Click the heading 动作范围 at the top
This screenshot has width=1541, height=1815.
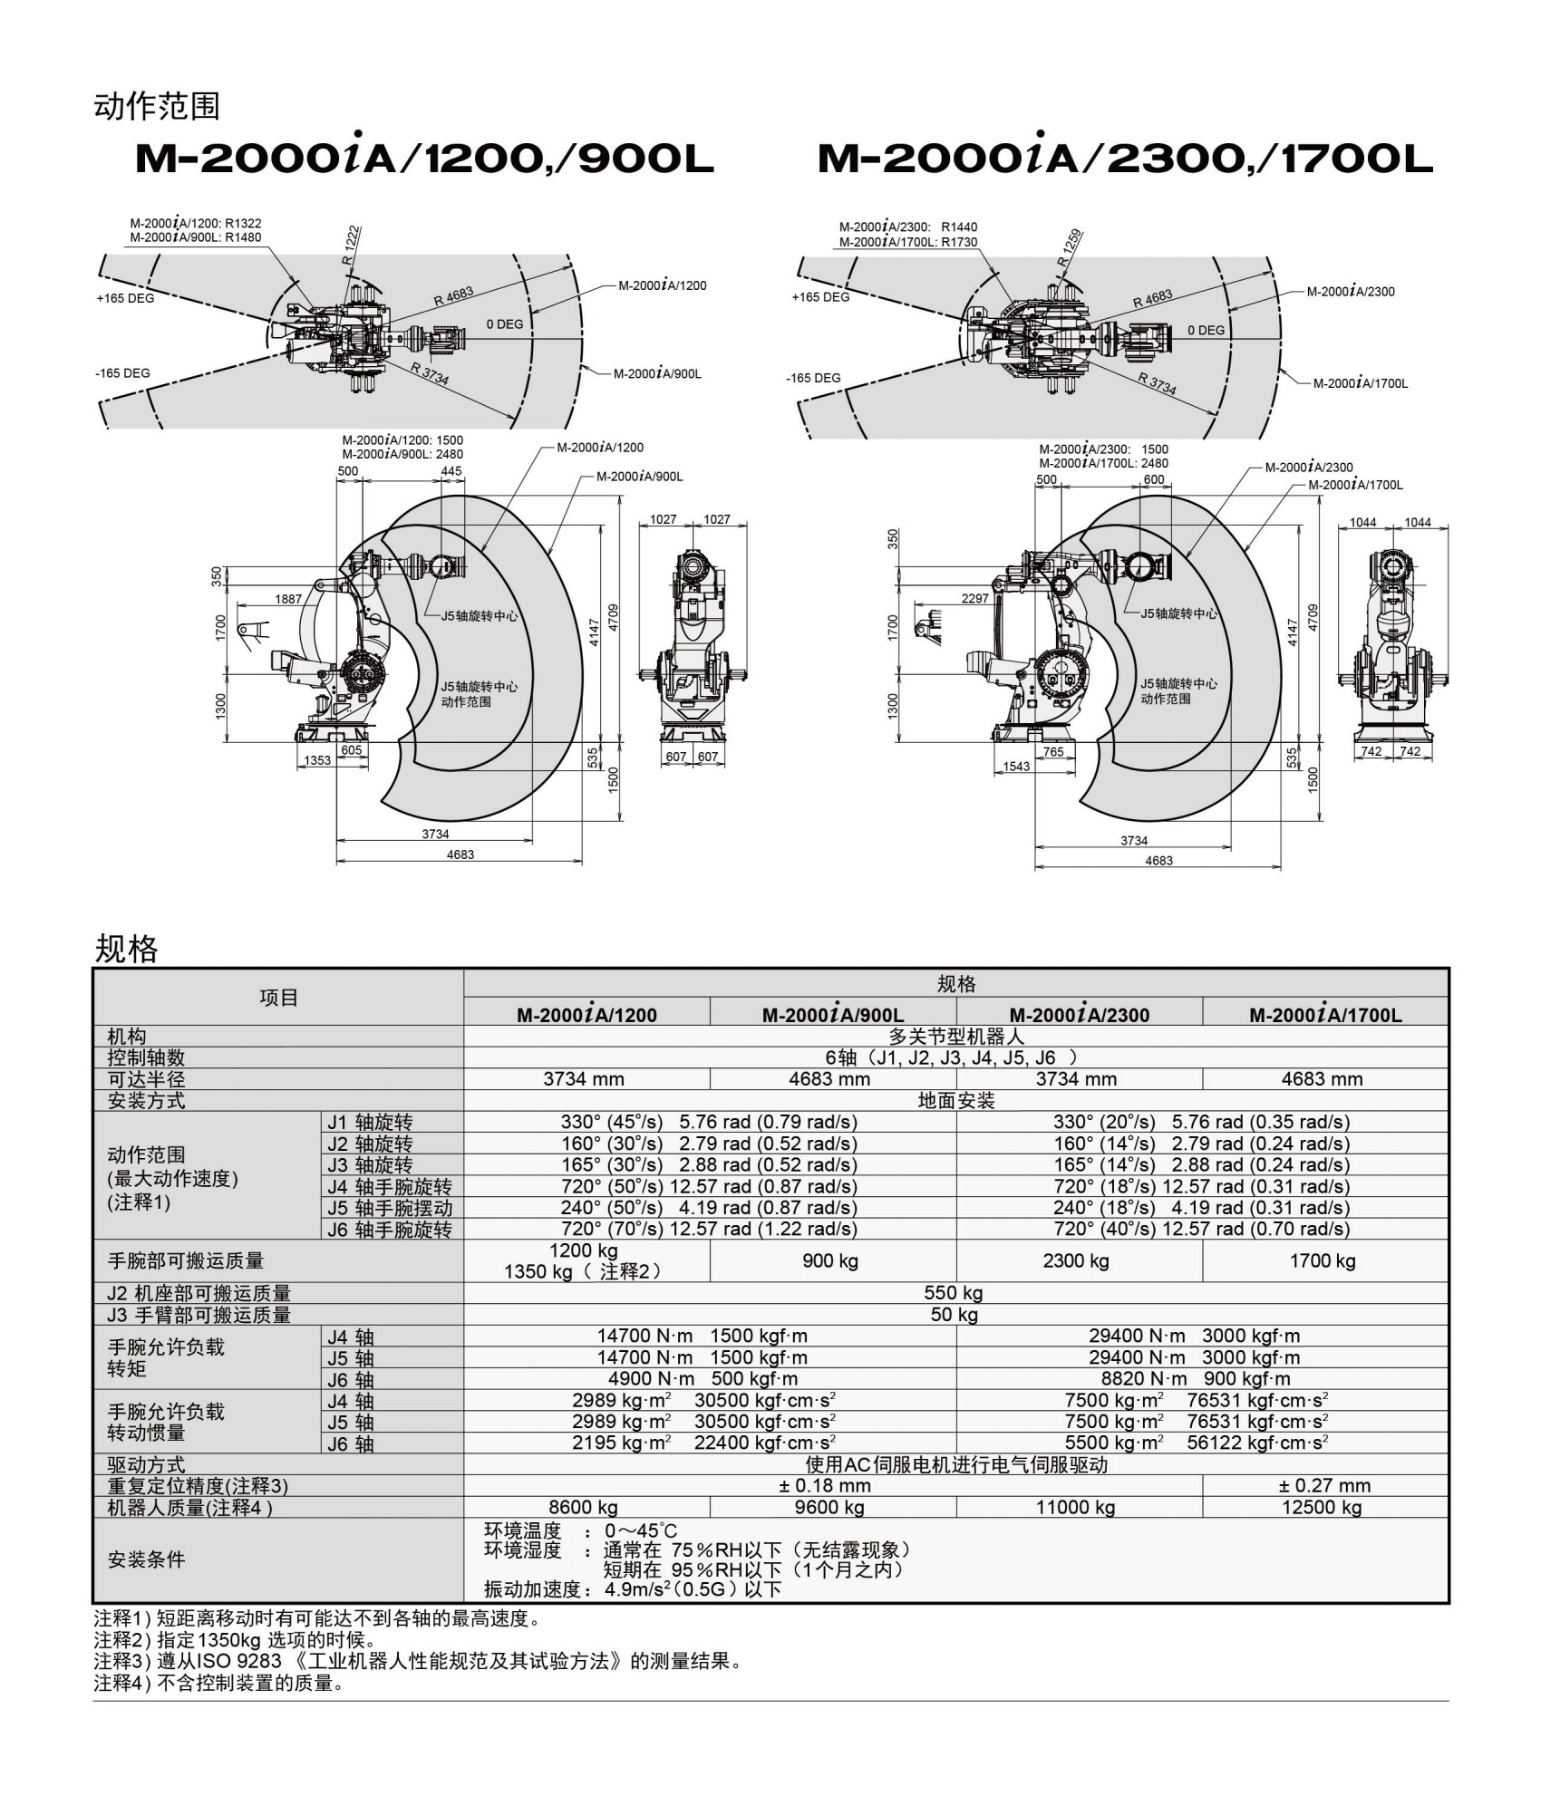tap(157, 107)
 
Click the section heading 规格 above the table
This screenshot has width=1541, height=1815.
tap(126, 949)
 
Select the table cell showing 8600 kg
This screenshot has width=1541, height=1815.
tap(583, 1507)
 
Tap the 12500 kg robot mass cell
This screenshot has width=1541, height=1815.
tap(1322, 1507)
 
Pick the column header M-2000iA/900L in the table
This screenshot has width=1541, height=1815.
tap(832, 1015)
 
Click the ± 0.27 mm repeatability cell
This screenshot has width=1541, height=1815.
tap(1323, 1485)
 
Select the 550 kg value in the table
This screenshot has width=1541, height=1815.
tap(954, 1293)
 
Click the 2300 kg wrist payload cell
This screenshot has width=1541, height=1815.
tap(1075, 1260)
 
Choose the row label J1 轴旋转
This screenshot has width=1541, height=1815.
tap(370, 1123)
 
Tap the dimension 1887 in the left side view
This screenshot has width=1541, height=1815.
tap(288, 599)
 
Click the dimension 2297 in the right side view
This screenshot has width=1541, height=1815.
tap(974, 598)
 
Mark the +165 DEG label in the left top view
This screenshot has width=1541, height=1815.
tap(125, 298)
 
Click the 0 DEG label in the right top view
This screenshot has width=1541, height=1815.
tap(1206, 330)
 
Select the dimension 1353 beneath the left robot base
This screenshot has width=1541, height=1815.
tap(317, 760)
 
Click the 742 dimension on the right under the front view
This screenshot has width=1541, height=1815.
tap(1410, 751)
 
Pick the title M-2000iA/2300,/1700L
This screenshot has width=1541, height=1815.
tap(1124, 159)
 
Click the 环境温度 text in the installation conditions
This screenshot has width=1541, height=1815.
tap(522, 1530)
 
